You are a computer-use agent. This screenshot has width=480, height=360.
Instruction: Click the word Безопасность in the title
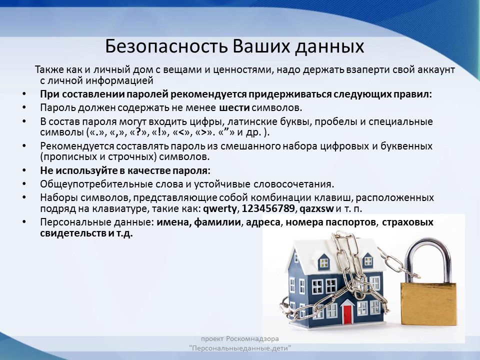pos(167,46)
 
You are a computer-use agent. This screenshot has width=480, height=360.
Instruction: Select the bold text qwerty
pos(220,209)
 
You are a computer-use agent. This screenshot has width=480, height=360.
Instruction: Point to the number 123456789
pos(268,208)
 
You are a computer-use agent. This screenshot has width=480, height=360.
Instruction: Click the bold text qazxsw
pos(316,209)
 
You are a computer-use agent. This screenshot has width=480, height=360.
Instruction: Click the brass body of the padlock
pos(428,303)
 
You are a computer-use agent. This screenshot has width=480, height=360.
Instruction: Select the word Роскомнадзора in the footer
pos(252,339)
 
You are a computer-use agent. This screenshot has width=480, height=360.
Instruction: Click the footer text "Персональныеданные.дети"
pos(240,348)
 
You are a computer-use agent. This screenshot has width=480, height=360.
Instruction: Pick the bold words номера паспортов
pos(330,222)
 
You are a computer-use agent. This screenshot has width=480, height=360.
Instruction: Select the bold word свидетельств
pos(73,233)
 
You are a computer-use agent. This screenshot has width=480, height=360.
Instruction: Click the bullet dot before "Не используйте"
pos(24,170)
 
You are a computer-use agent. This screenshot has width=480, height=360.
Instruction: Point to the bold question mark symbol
pos(138,132)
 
